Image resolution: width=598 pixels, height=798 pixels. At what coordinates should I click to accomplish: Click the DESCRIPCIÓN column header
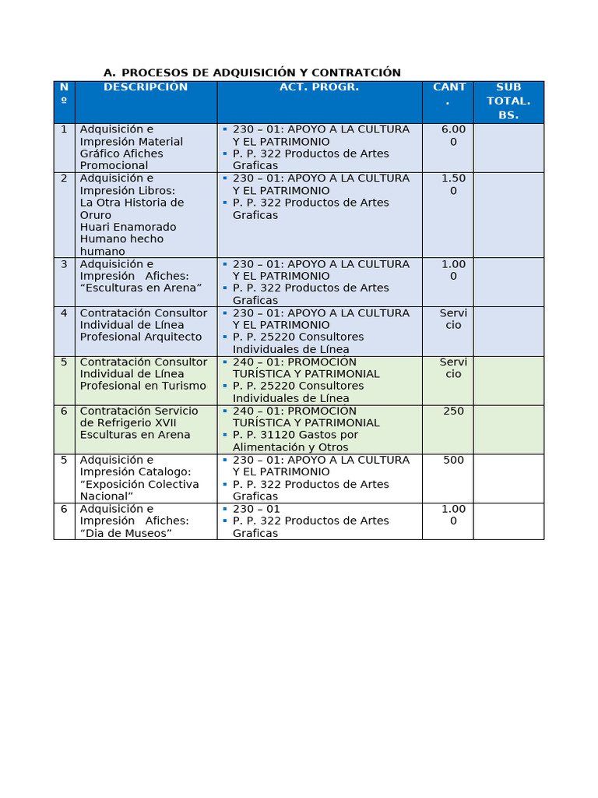pyautogui.click(x=146, y=87)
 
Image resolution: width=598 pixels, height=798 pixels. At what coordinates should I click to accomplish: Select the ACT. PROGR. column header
pyautogui.click(x=319, y=87)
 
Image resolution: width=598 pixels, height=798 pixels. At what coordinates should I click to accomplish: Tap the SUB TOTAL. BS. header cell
pyautogui.click(x=508, y=101)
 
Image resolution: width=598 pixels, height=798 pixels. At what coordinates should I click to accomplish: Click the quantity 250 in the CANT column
pyautogui.click(x=453, y=411)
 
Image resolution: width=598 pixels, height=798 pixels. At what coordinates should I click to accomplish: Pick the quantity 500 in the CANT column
pyautogui.click(x=453, y=460)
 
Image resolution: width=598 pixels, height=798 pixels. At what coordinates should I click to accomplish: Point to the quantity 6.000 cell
pyautogui.click(x=453, y=135)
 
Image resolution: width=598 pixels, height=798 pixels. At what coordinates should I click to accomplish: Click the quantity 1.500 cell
pyautogui.click(x=453, y=184)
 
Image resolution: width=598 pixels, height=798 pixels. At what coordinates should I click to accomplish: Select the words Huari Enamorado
pyautogui.click(x=128, y=227)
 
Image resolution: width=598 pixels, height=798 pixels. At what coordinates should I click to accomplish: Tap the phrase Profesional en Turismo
pyautogui.click(x=143, y=386)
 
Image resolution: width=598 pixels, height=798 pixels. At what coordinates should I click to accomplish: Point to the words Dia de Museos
pyautogui.click(x=125, y=533)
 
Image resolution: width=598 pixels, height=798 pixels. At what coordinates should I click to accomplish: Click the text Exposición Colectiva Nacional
pyautogui.click(x=139, y=489)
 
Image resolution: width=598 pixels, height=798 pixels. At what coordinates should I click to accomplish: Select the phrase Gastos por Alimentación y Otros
pyautogui.click(x=296, y=441)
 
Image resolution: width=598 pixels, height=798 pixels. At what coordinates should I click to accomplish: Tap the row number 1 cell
pyautogui.click(x=64, y=129)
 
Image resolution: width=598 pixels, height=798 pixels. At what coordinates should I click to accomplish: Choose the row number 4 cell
pyautogui.click(x=64, y=312)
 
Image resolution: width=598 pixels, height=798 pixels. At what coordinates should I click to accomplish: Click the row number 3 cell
pyautogui.click(x=64, y=263)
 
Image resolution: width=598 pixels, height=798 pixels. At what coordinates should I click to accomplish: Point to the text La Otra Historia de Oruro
pyautogui.click(x=132, y=208)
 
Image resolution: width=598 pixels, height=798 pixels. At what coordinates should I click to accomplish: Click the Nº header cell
pyautogui.click(x=64, y=94)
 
